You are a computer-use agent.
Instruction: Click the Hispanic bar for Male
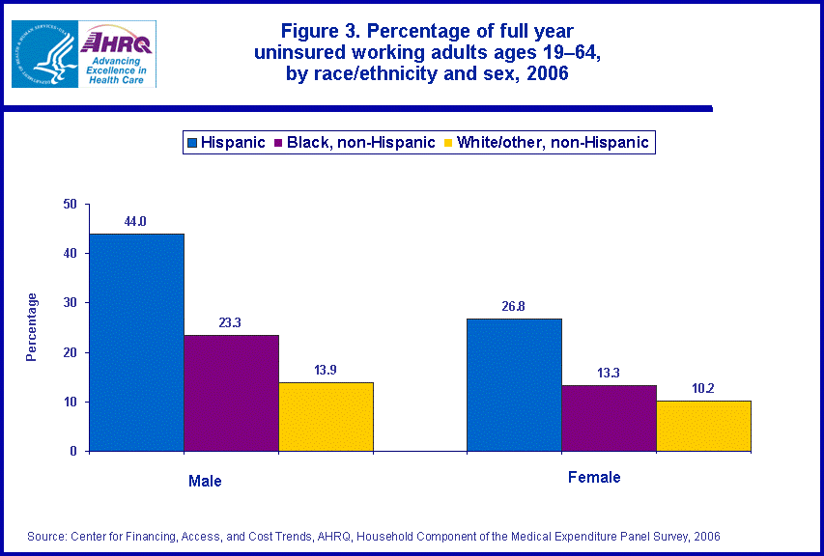136,342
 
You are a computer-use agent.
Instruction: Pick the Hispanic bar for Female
514,384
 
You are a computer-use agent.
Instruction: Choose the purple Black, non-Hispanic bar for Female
609,418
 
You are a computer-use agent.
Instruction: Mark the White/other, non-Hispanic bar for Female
703,426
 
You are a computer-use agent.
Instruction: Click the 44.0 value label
135,222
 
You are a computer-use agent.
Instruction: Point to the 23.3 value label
231,324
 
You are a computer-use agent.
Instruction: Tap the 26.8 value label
514,307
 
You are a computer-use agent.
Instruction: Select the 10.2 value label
703,389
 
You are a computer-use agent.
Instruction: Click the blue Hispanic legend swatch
191,143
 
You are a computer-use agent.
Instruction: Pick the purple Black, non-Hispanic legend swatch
278,143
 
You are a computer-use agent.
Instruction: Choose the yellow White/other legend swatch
447,143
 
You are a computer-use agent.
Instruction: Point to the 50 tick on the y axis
70,204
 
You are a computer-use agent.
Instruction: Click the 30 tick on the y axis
70,303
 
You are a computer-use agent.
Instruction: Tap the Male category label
204,481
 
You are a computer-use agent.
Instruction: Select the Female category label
594,477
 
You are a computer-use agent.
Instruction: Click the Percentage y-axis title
32,327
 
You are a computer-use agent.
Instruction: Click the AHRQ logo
118,54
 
